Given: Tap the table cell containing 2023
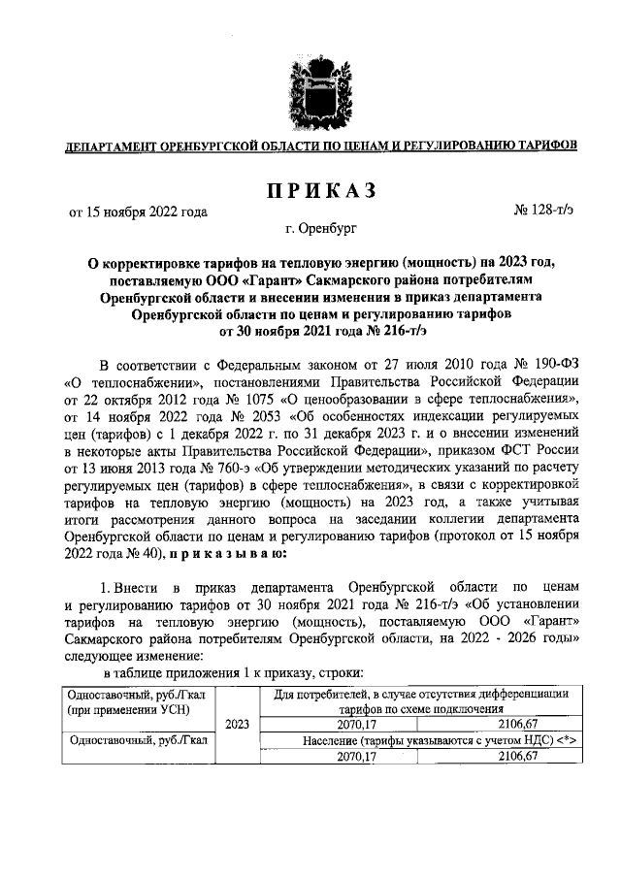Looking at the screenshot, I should point(237,722).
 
